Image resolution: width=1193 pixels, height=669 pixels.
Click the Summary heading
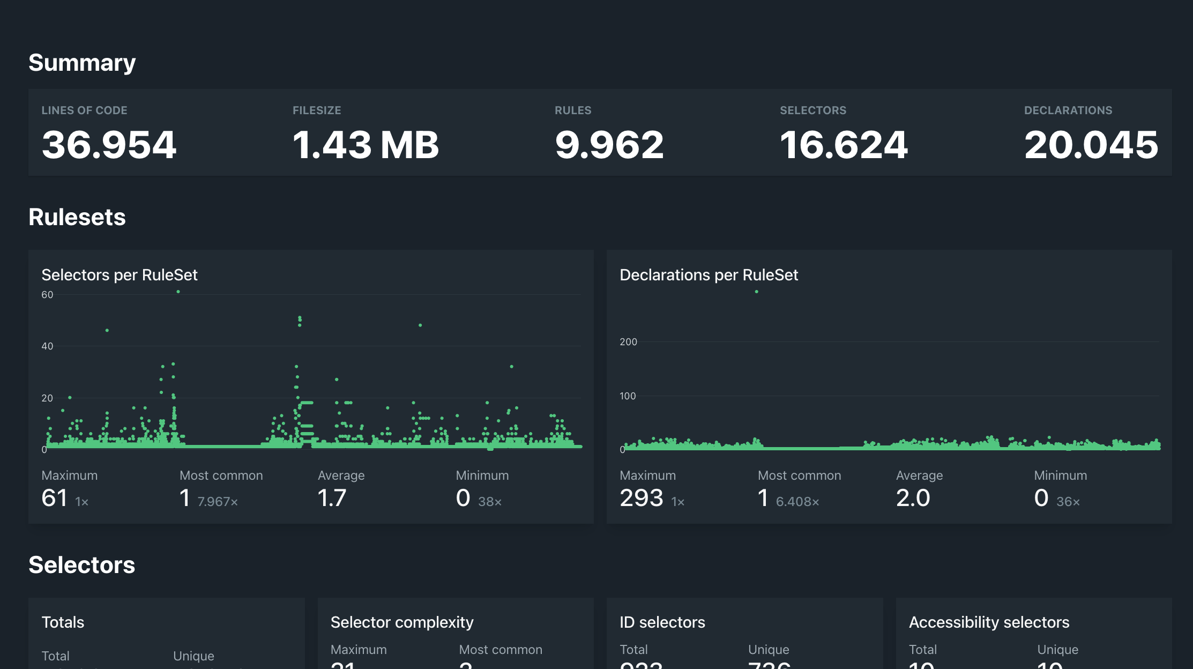tap(82, 63)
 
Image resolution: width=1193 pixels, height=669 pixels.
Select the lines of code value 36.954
tap(109, 145)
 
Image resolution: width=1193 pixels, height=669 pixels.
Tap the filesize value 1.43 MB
tap(366, 145)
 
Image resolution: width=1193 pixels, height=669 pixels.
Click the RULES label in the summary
tap(573, 110)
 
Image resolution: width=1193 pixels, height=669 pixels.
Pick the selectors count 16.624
tap(844, 145)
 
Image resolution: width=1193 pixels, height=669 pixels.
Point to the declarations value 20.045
tap(1091, 145)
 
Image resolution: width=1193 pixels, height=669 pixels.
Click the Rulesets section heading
tap(77, 217)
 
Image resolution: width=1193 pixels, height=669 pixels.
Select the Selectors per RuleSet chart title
tap(120, 275)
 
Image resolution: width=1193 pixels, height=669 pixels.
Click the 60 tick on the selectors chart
tap(47, 295)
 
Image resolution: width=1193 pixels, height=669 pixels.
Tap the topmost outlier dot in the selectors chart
tap(178, 292)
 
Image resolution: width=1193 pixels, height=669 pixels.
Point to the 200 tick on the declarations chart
tap(628, 342)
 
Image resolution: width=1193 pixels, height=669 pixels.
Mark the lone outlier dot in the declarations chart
tap(757, 292)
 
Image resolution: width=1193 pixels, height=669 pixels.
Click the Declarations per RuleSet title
tap(709, 275)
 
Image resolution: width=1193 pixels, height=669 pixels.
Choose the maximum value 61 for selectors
tap(55, 498)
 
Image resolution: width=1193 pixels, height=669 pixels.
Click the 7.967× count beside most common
tap(218, 502)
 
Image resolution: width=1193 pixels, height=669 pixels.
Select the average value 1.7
tap(332, 498)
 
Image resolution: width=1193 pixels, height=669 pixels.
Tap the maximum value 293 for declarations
tap(642, 498)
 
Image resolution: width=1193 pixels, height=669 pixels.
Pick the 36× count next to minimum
tap(1068, 502)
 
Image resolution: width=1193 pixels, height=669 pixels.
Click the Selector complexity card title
tap(402, 622)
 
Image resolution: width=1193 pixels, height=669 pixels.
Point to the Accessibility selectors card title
tap(989, 622)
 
